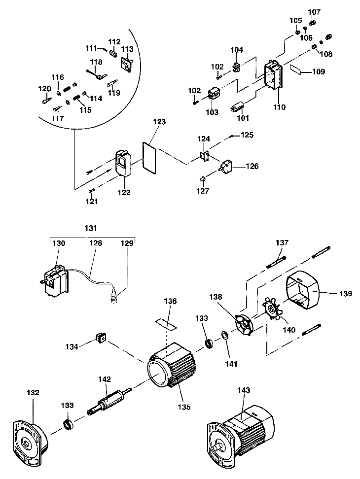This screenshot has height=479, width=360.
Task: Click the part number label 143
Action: click(244, 390)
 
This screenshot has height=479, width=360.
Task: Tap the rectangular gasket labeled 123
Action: click(149, 158)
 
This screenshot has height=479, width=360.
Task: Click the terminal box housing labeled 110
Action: click(273, 76)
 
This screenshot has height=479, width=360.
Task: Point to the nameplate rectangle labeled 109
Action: click(297, 69)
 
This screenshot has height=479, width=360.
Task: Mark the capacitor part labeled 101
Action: click(239, 107)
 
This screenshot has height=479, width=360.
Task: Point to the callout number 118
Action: click(96, 62)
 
